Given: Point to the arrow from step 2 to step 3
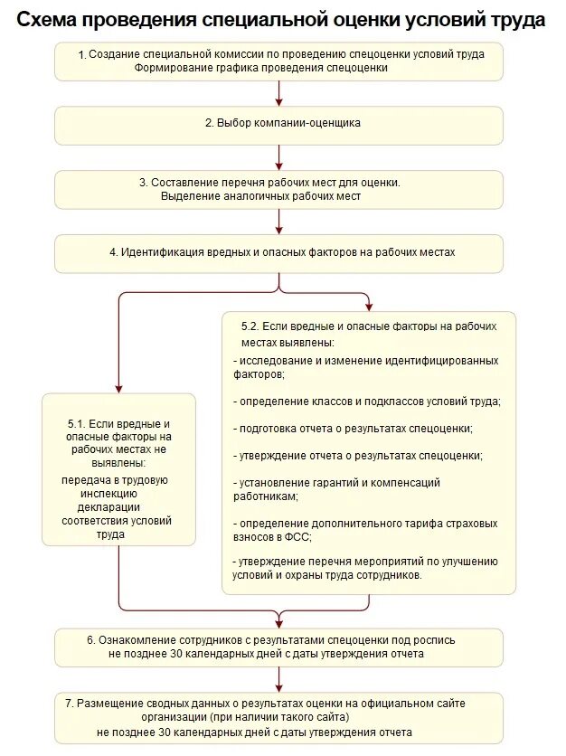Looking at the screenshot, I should [279, 156].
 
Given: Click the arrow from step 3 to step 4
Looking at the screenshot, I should [279, 220].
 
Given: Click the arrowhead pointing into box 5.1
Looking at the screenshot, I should [118, 387].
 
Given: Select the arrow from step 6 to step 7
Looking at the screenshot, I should [279, 680].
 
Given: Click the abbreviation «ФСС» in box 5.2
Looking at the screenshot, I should [297, 536].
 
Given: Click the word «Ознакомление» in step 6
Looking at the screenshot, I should [137, 639].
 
